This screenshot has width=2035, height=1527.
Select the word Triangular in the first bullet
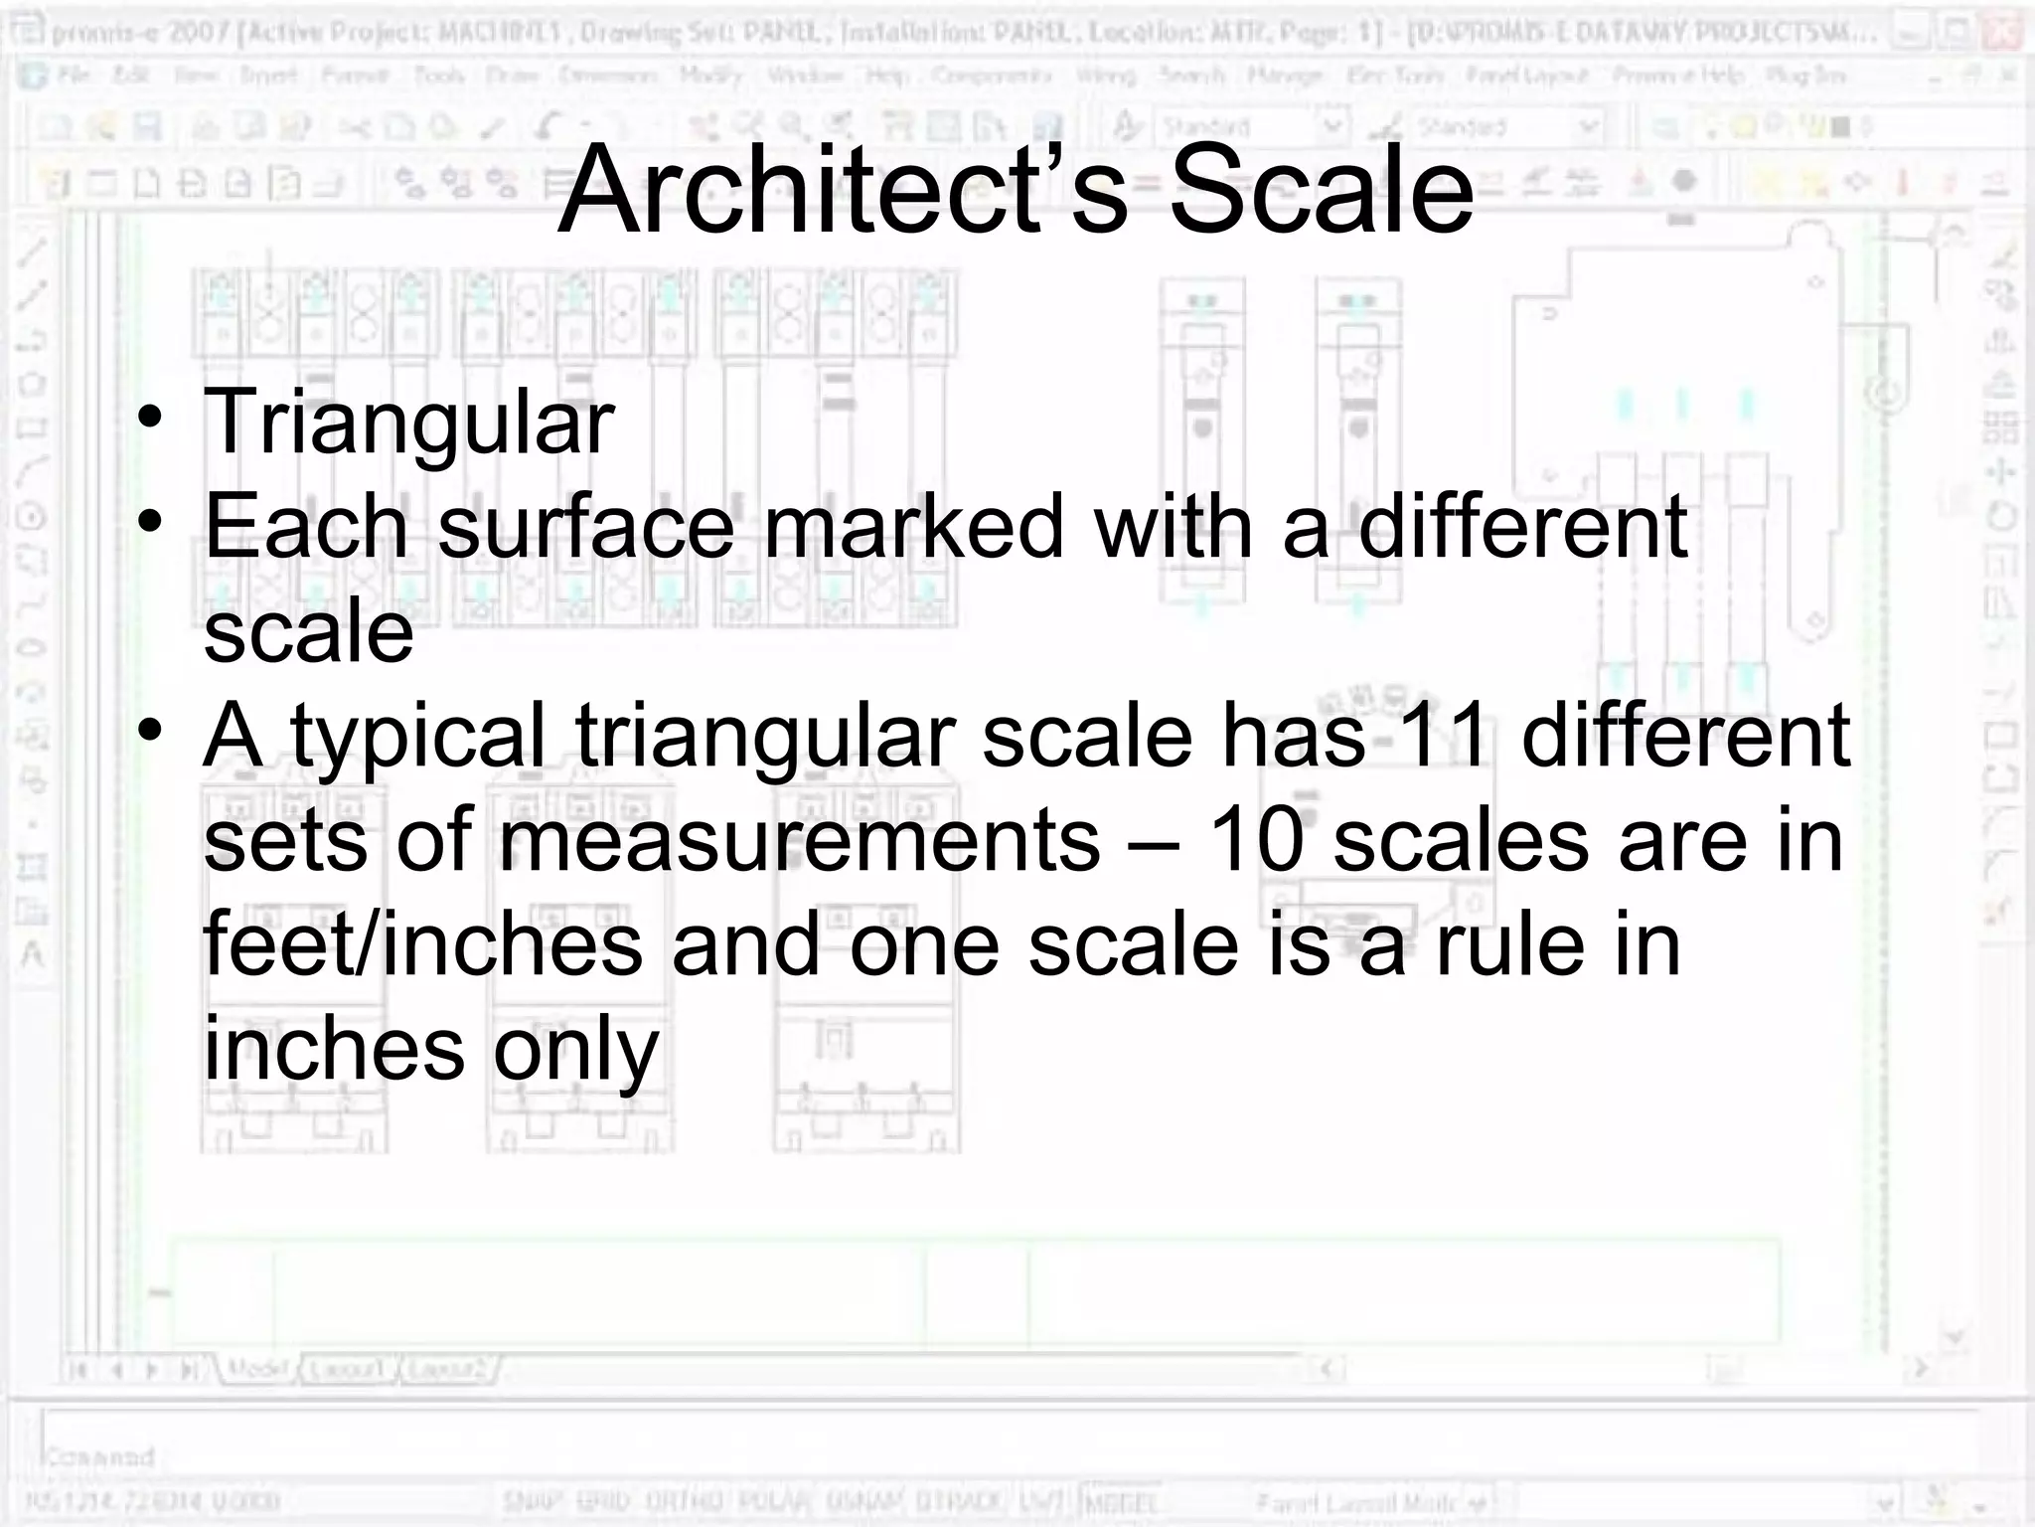click(408, 424)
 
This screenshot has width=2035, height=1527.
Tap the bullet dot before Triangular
click(150, 416)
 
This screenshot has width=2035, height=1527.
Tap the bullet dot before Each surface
click(150, 520)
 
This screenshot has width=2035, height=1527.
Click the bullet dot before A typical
click(150, 730)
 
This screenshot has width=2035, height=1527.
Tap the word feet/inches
click(423, 945)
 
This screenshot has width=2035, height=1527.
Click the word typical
click(417, 739)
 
